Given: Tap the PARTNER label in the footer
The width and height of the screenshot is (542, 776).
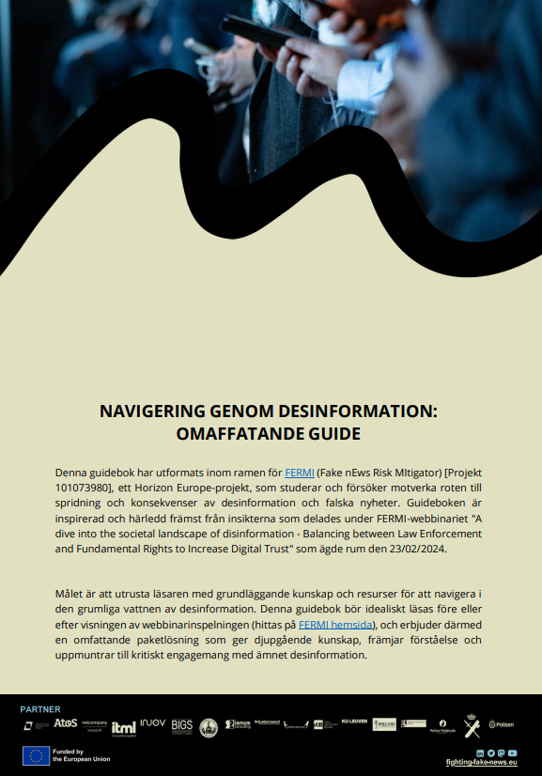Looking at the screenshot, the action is [x=40, y=709].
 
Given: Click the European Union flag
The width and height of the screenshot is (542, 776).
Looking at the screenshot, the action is [x=36, y=755].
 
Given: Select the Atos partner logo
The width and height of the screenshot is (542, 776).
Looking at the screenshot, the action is [x=65, y=723].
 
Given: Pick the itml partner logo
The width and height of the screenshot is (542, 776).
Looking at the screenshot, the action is [x=123, y=727].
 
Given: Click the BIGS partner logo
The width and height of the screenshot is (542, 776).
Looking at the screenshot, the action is [x=181, y=725].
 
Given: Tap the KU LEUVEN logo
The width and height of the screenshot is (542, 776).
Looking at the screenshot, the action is [x=354, y=721].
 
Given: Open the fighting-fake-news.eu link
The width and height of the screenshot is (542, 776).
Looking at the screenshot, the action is [x=482, y=763].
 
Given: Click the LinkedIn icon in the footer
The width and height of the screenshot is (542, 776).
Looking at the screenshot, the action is [x=480, y=753].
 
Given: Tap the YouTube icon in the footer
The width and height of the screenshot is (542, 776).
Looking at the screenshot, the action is [x=513, y=753].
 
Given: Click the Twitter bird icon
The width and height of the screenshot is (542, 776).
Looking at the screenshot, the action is [x=490, y=753].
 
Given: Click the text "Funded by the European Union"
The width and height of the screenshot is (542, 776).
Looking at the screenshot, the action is [x=81, y=755].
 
